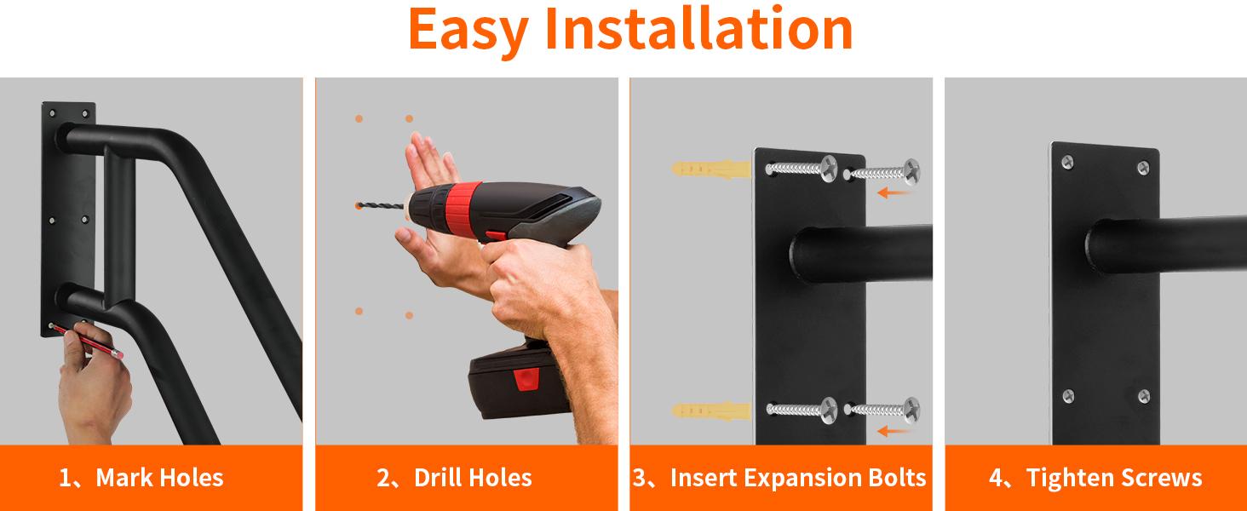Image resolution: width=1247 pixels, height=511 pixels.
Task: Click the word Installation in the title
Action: tap(698, 28)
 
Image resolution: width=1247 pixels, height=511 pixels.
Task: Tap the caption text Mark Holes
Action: tap(159, 478)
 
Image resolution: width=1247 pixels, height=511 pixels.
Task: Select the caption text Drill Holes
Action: tap(473, 478)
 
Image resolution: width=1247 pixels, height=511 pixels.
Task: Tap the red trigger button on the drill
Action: tap(496, 236)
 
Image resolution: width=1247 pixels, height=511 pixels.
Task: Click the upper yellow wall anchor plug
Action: tap(711, 168)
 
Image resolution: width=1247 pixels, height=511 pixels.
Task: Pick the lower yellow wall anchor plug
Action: tap(711, 411)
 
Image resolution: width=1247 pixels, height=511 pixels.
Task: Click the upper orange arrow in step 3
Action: tap(894, 193)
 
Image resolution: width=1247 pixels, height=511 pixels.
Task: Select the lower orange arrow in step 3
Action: tap(894, 431)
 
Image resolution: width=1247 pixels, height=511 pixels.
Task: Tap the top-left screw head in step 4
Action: tap(1067, 162)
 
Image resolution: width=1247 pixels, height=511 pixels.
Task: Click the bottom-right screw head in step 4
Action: tap(1143, 396)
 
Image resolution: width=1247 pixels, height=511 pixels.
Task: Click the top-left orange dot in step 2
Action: tap(359, 118)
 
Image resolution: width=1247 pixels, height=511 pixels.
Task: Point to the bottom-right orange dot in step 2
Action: tap(409, 315)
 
